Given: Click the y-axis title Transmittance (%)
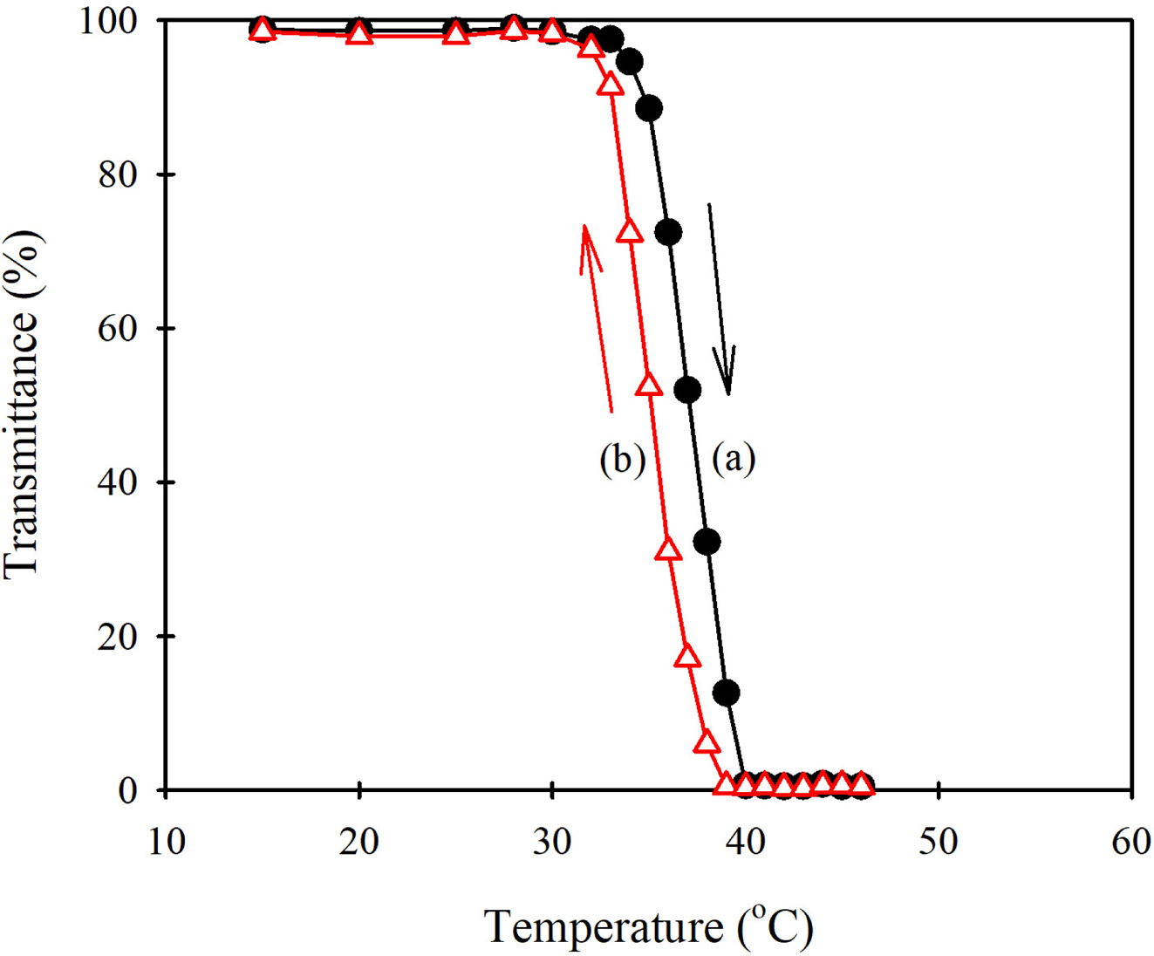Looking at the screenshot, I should [22, 404].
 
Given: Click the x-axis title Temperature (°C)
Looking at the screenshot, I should [649, 926].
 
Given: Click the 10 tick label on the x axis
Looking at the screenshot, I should [166, 843].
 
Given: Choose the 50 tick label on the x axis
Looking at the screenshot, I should [939, 843].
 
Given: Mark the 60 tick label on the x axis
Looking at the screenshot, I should [1131, 843].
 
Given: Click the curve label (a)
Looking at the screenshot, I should [734, 458].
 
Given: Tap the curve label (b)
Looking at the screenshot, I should [622, 459].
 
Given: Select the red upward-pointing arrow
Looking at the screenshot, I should [597, 318].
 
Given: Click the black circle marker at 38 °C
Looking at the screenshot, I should [707, 542].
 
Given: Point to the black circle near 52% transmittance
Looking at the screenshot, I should [687, 390].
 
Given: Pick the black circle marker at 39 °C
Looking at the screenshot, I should [726, 693].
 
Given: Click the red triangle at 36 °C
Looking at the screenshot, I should [668, 550].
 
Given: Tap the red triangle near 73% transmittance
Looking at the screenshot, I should [629, 231].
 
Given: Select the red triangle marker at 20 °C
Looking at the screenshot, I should [358, 35].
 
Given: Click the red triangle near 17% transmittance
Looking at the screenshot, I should [687, 656].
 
